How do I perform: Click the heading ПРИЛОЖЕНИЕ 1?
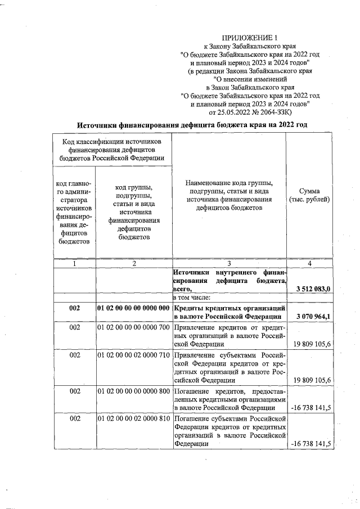tap(246, 37)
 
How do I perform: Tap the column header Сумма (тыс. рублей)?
tap(309, 195)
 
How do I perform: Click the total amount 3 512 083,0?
tap(312, 289)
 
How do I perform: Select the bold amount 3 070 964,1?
tap(312, 316)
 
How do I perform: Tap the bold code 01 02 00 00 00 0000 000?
tap(133, 309)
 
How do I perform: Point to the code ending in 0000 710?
tap(133, 355)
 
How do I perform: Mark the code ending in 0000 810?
tap(133, 419)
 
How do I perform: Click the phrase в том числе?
tap(193, 297)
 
